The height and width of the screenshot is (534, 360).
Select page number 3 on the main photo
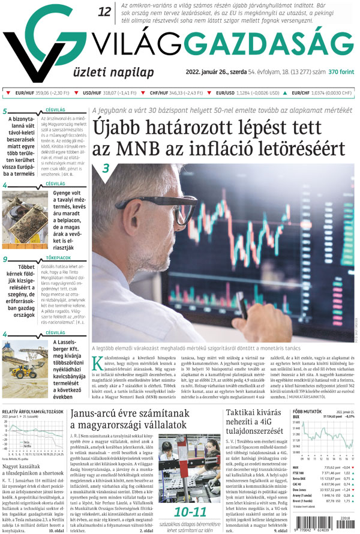point(105,169)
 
